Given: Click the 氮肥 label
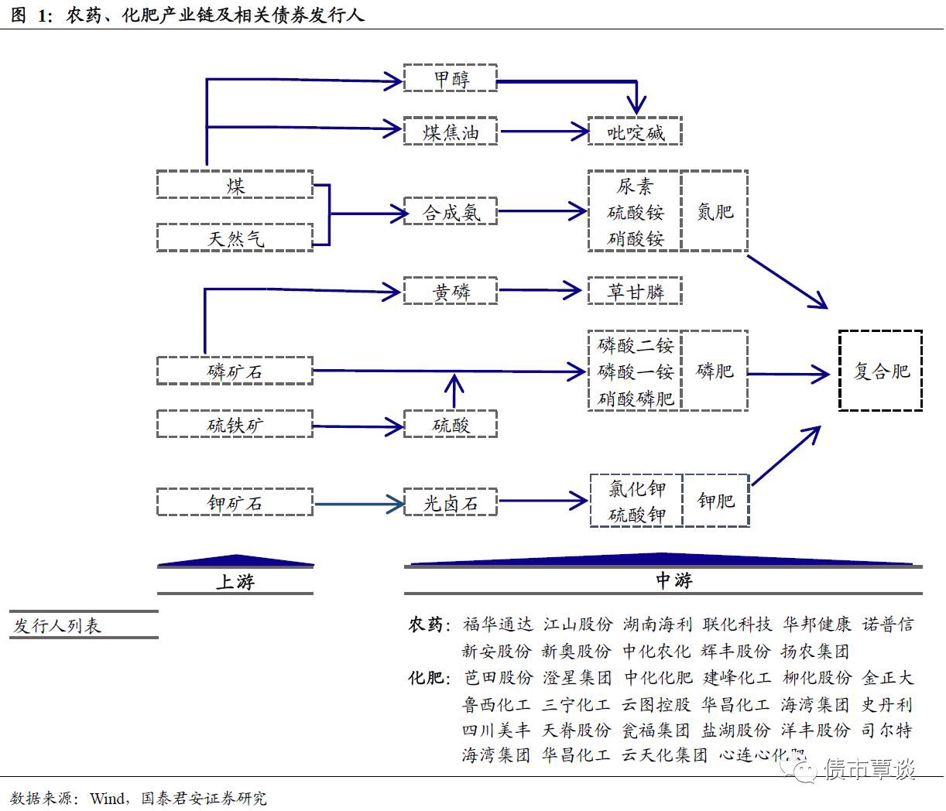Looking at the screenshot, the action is tap(715, 211).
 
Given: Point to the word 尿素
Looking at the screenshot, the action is tap(635, 186).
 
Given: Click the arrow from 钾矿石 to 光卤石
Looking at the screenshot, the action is tap(358, 504).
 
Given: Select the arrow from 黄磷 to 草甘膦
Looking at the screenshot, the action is tap(540, 290).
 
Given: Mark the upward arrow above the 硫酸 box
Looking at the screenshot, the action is tap(454, 391).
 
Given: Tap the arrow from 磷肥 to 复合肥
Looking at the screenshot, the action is tap(788, 375).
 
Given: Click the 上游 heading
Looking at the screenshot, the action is tap(235, 582).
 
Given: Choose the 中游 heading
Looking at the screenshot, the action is tap(674, 580).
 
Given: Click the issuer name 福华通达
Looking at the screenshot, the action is tap(498, 625).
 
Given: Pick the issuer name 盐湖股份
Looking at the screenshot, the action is tap(735, 731).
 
